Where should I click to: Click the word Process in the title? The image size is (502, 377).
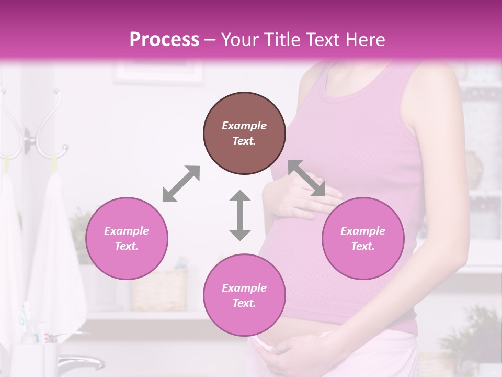point(164,39)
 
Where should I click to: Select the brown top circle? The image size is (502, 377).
point(244,133)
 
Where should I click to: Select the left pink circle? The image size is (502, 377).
point(127,238)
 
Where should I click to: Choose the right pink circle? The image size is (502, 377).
point(363,238)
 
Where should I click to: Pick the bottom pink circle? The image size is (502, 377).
point(244,295)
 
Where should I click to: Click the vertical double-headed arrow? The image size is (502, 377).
point(240,215)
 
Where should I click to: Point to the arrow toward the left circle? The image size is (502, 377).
point(181,184)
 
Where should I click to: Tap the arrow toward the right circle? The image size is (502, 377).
point(307,178)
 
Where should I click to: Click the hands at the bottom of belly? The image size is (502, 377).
point(293,356)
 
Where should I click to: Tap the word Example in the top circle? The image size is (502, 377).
point(244,126)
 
